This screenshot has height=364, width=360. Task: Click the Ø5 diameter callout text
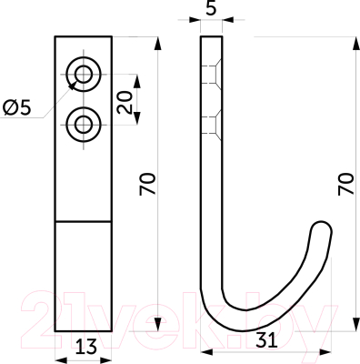(x=17, y=108)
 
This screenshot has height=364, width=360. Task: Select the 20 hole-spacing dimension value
(x=125, y=103)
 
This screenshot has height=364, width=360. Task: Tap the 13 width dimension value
(x=86, y=347)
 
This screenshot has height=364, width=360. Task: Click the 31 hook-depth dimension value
(x=266, y=339)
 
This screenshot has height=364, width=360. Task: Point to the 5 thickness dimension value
(x=211, y=8)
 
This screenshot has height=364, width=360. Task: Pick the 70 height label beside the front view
(x=147, y=184)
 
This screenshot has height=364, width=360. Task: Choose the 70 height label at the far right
(x=346, y=184)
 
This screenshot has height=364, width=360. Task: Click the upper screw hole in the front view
(x=84, y=75)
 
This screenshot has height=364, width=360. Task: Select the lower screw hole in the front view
(x=84, y=125)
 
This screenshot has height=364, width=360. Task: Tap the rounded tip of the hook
(x=322, y=228)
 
